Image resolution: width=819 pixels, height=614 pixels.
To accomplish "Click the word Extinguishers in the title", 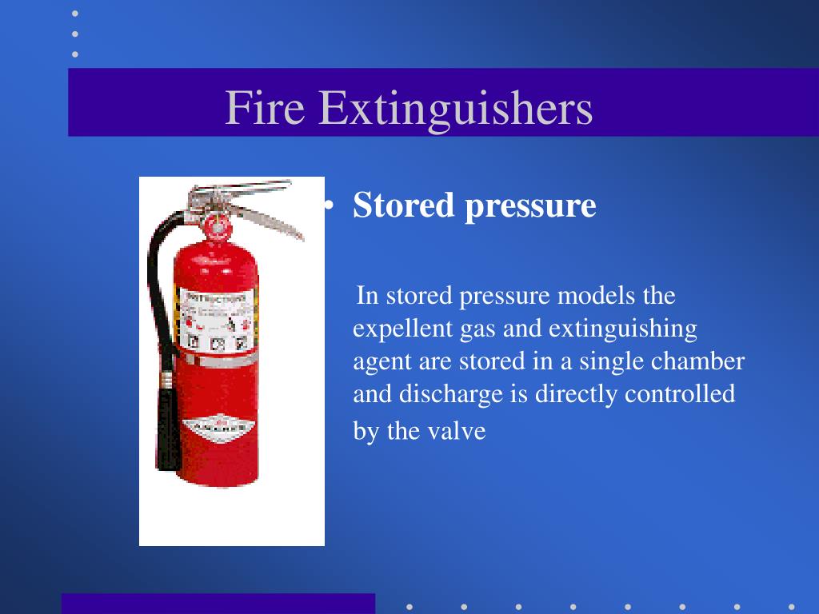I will click(456, 110).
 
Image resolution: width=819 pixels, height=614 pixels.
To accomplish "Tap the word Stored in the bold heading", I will click(403, 205).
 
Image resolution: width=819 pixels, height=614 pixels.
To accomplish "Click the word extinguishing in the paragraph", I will click(622, 329).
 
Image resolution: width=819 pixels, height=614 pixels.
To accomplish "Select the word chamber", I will click(697, 361).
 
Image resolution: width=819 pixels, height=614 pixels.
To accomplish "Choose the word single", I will click(613, 362).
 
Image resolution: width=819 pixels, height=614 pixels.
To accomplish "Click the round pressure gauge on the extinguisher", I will click(215, 225).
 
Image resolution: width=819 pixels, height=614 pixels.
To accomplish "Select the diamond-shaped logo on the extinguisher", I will click(216, 425).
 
